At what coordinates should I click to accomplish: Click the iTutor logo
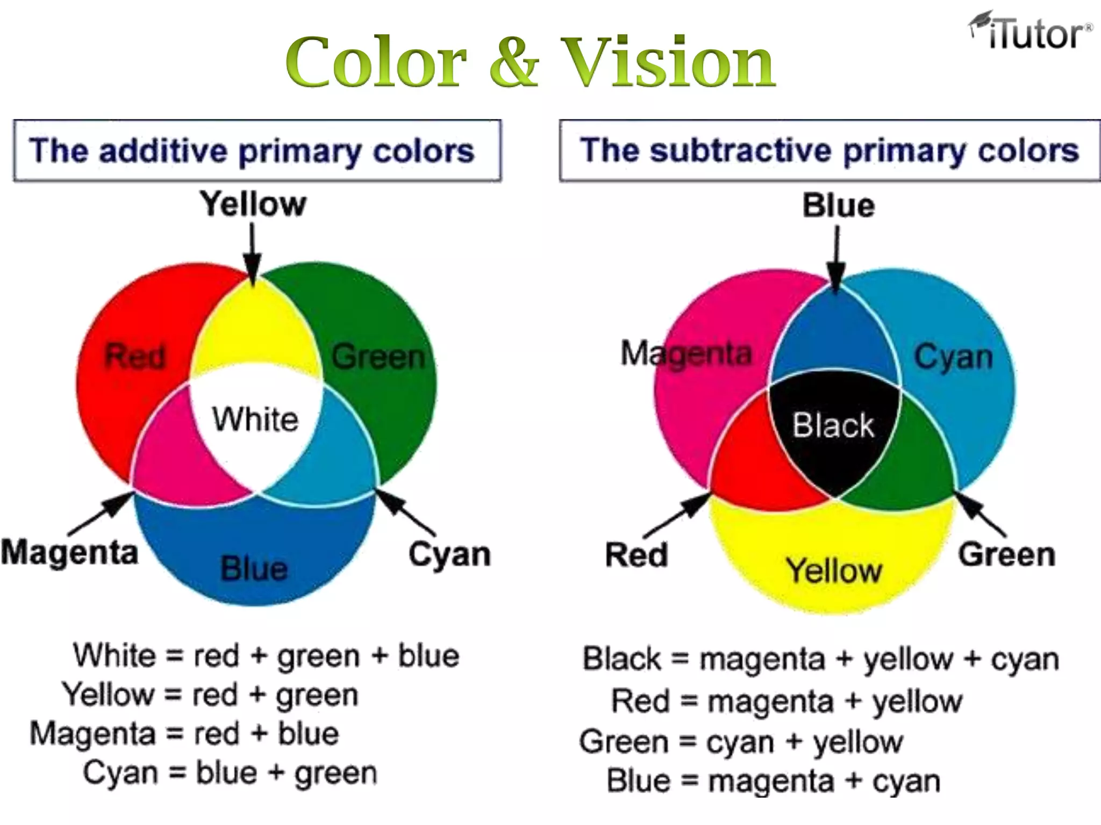[1031, 32]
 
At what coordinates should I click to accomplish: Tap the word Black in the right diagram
[833, 425]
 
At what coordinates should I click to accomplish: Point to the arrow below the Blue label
[836, 258]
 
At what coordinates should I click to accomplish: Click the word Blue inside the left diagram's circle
[254, 569]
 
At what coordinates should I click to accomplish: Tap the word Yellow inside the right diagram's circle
[834, 570]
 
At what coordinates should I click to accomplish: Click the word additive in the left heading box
[163, 151]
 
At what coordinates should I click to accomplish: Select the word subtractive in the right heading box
[741, 151]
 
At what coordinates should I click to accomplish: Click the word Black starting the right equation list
[622, 659]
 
